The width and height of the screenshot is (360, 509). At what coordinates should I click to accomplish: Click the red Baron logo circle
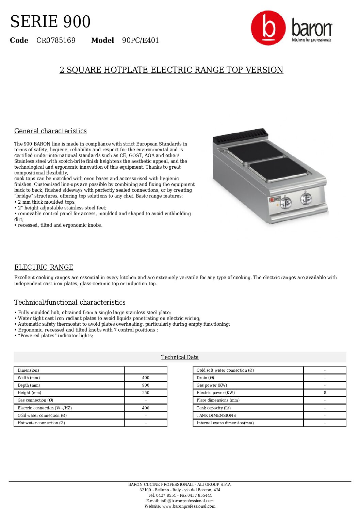268,28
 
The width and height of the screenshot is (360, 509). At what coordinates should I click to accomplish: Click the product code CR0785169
56,40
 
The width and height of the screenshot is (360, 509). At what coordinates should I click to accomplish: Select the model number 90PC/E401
140,40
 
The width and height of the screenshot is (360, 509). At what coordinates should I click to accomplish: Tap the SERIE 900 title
50,22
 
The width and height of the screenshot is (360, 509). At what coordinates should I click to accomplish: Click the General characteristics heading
50,131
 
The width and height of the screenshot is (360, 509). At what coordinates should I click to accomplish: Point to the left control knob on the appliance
285,203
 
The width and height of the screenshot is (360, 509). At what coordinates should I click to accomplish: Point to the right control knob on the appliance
306,198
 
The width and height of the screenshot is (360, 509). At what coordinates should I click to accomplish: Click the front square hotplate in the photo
278,169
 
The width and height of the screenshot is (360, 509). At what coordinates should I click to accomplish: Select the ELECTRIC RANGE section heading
44,267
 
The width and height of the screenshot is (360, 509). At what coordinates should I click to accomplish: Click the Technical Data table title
180,357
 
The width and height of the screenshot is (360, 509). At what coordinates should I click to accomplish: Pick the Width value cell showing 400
146,378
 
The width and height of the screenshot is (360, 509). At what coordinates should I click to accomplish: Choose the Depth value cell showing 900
146,385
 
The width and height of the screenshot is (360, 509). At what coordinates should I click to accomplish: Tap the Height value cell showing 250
146,393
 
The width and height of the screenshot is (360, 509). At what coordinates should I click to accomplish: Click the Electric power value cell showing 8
325,393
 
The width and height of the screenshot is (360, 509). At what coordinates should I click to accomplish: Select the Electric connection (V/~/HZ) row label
45,408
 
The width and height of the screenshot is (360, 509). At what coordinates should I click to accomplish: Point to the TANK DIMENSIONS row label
216,415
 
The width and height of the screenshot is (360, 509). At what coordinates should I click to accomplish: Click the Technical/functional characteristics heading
70,303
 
